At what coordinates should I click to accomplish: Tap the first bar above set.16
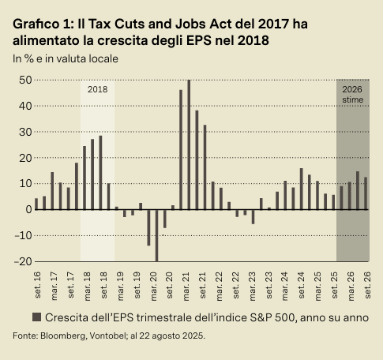[x=36, y=204]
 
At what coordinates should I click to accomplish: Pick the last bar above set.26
[x=365, y=193]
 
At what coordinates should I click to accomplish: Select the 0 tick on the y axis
[x=25, y=209]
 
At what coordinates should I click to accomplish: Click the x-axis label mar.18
[x=85, y=283]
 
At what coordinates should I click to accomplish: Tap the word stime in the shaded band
[x=352, y=100]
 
